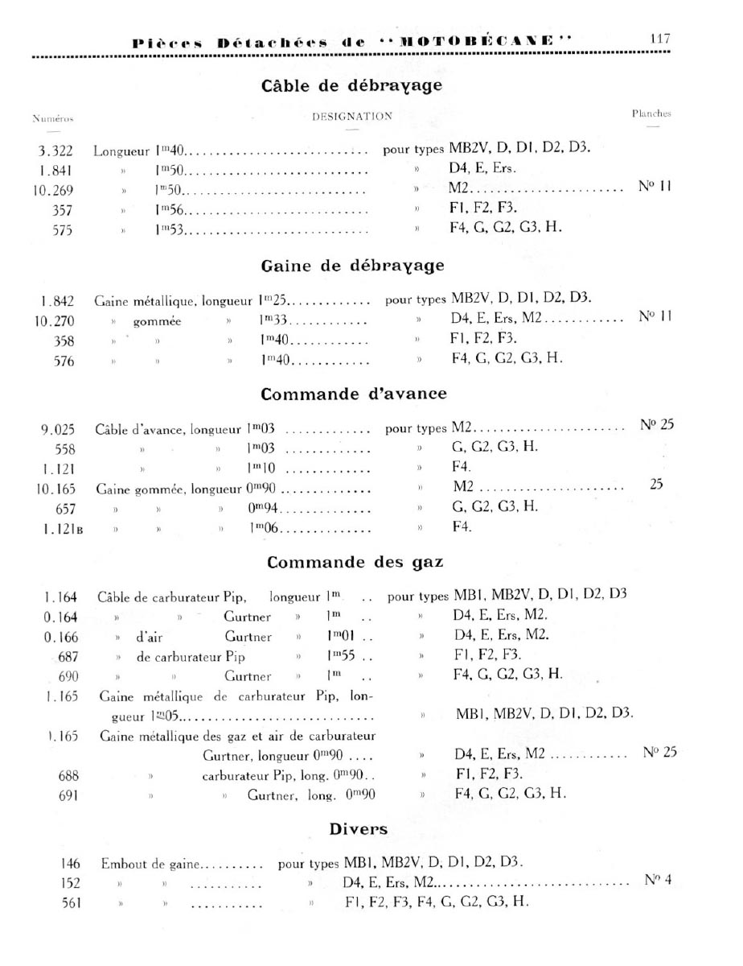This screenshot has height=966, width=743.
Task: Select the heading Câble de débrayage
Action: coord(353,85)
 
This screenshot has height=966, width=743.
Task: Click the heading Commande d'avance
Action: coord(354,394)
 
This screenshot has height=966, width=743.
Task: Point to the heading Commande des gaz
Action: coord(355,561)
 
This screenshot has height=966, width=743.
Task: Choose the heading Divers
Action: coord(359,828)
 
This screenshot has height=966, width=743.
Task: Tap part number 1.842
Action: coord(56,302)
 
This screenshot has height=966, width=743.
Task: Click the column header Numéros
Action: coord(53,118)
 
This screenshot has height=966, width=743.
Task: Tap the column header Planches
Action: coord(651,114)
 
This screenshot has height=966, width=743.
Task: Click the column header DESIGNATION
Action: coord(352,116)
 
